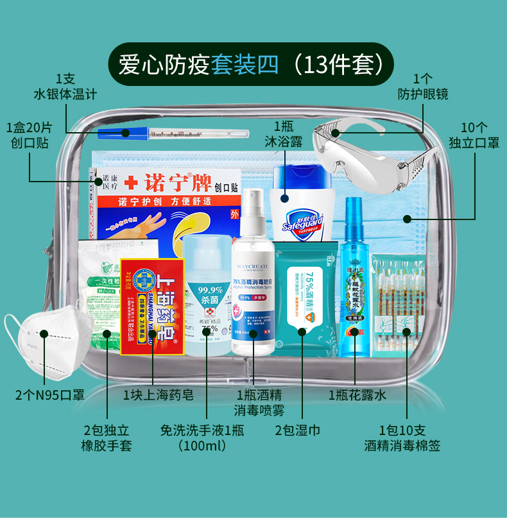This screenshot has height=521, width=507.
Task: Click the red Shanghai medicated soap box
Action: [153, 305]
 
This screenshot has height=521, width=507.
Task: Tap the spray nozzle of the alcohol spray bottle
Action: [254, 196]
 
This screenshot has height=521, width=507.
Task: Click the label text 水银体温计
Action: [65, 94]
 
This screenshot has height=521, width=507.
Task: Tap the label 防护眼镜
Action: [423, 94]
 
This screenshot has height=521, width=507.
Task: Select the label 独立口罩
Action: [474, 142]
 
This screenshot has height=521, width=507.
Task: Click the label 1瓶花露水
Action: [357, 395]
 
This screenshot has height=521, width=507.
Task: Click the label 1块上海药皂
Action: [159, 395]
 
